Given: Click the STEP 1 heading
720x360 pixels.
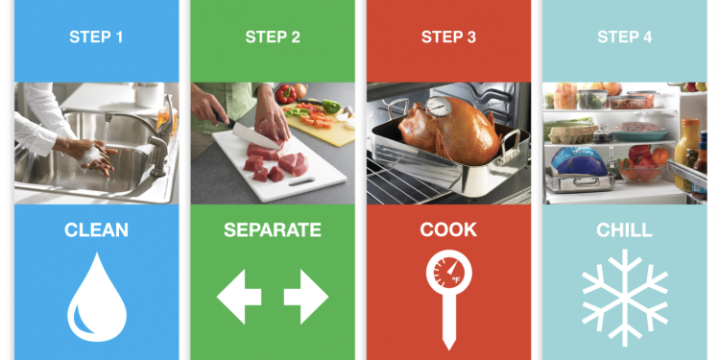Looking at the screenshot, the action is (x=96, y=36).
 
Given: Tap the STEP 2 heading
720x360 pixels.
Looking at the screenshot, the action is (x=273, y=36).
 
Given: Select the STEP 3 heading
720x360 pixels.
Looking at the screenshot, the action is (x=448, y=36).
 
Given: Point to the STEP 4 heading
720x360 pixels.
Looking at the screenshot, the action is (x=625, y=36).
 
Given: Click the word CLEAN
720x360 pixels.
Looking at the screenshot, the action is (x=96, y=230).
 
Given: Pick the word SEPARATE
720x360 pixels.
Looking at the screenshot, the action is (x=273, y=230).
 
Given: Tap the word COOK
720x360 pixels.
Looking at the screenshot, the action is (x=448, y=230).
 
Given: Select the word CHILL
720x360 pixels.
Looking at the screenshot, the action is (x=625, y=230).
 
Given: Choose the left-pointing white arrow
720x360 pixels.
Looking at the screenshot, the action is (x=239, y=297).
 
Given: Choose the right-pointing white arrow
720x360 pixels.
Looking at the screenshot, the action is (x=306, y=297).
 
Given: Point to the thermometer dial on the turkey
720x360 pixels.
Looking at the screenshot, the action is (x=439, y=107).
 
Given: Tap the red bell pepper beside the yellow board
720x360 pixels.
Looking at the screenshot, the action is (x=286, y=94).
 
